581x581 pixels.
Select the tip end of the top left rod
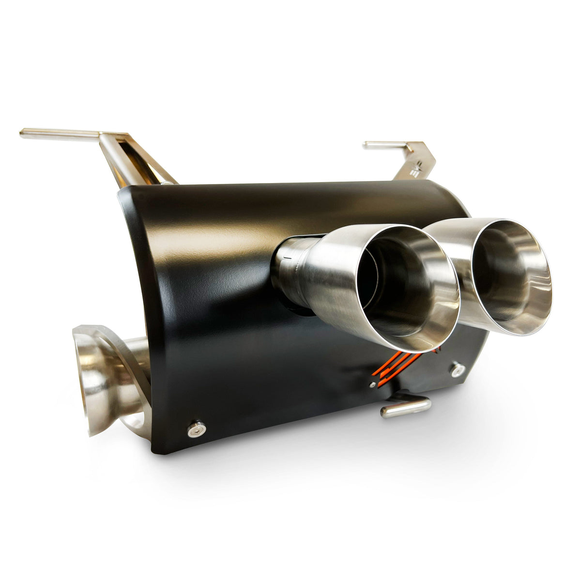click(23, 131)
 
